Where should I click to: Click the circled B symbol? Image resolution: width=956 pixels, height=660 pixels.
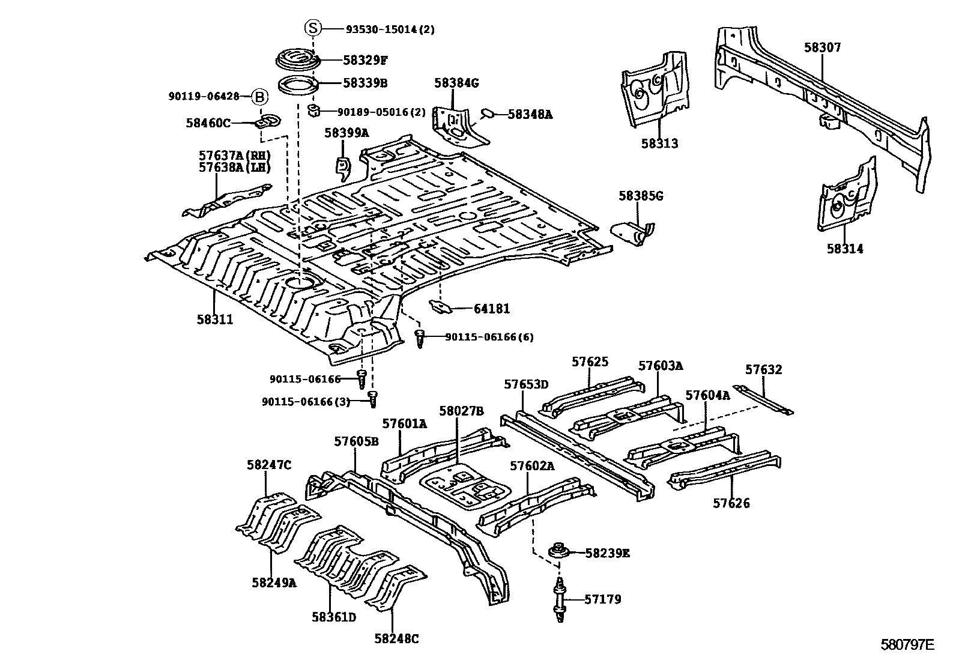(x=259, y=96)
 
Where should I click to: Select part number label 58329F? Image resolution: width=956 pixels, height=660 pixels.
(x=365, y=59)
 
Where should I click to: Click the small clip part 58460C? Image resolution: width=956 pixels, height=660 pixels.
(x=267, y=121)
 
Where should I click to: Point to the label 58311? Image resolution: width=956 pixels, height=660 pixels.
(x=214, y=319)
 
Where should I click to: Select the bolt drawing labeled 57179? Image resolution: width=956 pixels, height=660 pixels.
(x=560, y=599)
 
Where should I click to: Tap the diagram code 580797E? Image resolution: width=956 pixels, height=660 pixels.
(x=907, y=645)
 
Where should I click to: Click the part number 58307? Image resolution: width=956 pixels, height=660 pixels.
(x=823, y=48)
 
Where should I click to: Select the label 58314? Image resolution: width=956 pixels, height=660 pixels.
(x=845, y=249)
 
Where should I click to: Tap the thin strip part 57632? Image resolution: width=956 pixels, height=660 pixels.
(x=764, y=400)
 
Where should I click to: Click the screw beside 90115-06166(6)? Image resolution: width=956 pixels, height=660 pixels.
(x=420, y=338)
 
